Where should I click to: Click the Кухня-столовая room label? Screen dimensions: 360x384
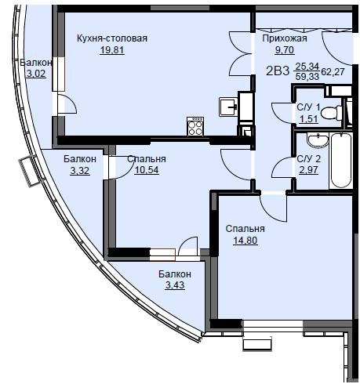pos(112,38)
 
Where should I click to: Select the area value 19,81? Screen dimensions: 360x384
pos(112,49)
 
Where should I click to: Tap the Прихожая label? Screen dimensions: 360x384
pos(285,38)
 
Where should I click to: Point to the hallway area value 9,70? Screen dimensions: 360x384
pos(285,49)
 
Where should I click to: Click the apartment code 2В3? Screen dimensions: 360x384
pos(278,71)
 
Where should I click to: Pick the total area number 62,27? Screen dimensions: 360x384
pos(333,71)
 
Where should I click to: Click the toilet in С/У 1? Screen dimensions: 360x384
pos(331,113)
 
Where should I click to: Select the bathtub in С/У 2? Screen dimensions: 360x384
pos(340,160)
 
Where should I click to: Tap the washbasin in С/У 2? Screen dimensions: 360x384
pos(318,139)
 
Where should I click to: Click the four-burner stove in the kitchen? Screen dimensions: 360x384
pos(195,126)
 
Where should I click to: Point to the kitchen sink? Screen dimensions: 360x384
pos(228,107)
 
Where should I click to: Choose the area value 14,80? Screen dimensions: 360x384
pos(245,240)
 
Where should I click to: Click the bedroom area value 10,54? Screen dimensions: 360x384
pos(147,170)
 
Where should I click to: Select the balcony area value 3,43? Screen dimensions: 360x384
pos(175,285)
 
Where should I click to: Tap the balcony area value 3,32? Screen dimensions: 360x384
pos(80,170)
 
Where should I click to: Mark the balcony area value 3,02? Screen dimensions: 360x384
pos(36,74)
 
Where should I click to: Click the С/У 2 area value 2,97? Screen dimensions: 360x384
pos(308,170)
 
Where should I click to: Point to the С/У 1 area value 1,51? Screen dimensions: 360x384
pos(308,119)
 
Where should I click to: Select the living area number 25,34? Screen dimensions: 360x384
pos(307,67)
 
